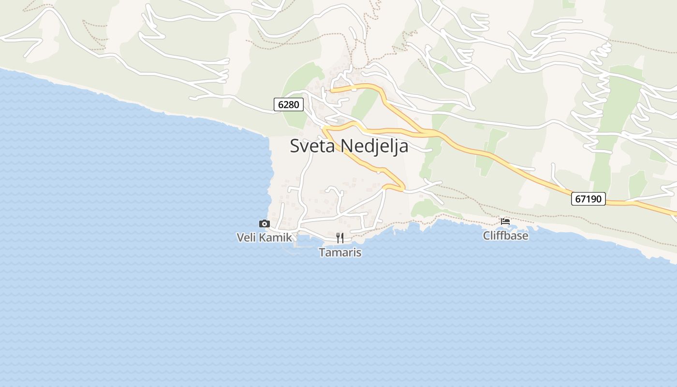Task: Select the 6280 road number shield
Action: point(289,104)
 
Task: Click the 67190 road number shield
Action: point(588,199)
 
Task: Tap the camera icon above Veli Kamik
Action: point(264,223)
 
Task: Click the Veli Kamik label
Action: point(264,237)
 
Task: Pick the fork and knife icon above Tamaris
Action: point(340,238)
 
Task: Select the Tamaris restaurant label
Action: point(340,252)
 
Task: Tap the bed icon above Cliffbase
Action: point(505,222)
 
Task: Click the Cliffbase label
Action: point(505,236)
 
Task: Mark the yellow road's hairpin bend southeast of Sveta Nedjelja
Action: point(402,186)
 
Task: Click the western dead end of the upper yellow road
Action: point(332,90)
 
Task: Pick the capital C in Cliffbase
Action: point(487,236)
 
